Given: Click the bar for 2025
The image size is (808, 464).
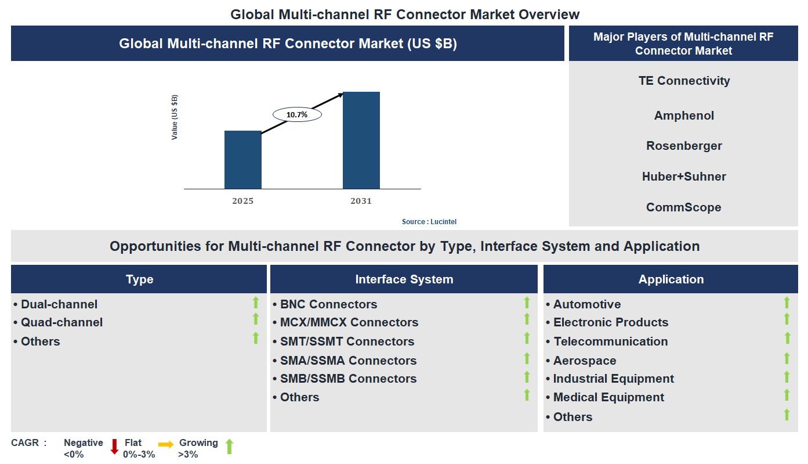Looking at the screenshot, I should (x=242, y=160).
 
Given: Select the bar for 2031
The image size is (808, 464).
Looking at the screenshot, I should (x=361, y=140).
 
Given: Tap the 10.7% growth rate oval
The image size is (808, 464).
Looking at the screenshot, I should (x=297, y=115).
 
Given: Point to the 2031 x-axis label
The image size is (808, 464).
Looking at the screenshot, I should (x=361, y=201).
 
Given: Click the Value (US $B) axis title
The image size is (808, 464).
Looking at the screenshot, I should (x=175, y=117).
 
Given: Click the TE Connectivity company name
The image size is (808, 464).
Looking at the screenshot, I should (x=684, y=81).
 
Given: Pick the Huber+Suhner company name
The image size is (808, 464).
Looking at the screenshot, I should (x=684, y=177).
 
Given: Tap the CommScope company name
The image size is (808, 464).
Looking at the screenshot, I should (x=684, y=207).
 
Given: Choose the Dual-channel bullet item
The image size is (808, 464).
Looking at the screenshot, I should (x=59, y=304).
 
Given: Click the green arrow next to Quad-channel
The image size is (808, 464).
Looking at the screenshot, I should (x=255, y=319).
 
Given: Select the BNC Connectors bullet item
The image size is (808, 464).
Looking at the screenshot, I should (x=328, y=304).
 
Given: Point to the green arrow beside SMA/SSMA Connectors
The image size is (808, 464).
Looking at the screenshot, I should (x=527, y=358).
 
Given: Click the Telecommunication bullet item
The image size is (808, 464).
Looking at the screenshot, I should (x=610, y=341).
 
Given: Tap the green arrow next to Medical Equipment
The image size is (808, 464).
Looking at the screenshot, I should (x=787, y=395).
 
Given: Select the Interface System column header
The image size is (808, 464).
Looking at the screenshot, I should (x=404, y=279).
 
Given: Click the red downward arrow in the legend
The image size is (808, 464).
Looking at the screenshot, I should (x=114, y=446).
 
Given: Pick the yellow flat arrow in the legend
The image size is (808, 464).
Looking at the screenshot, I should (x=166, y=445).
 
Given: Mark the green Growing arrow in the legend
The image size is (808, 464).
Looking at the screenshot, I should (x=229, y=446).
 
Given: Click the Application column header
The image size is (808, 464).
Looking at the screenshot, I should (x=671, y=279).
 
